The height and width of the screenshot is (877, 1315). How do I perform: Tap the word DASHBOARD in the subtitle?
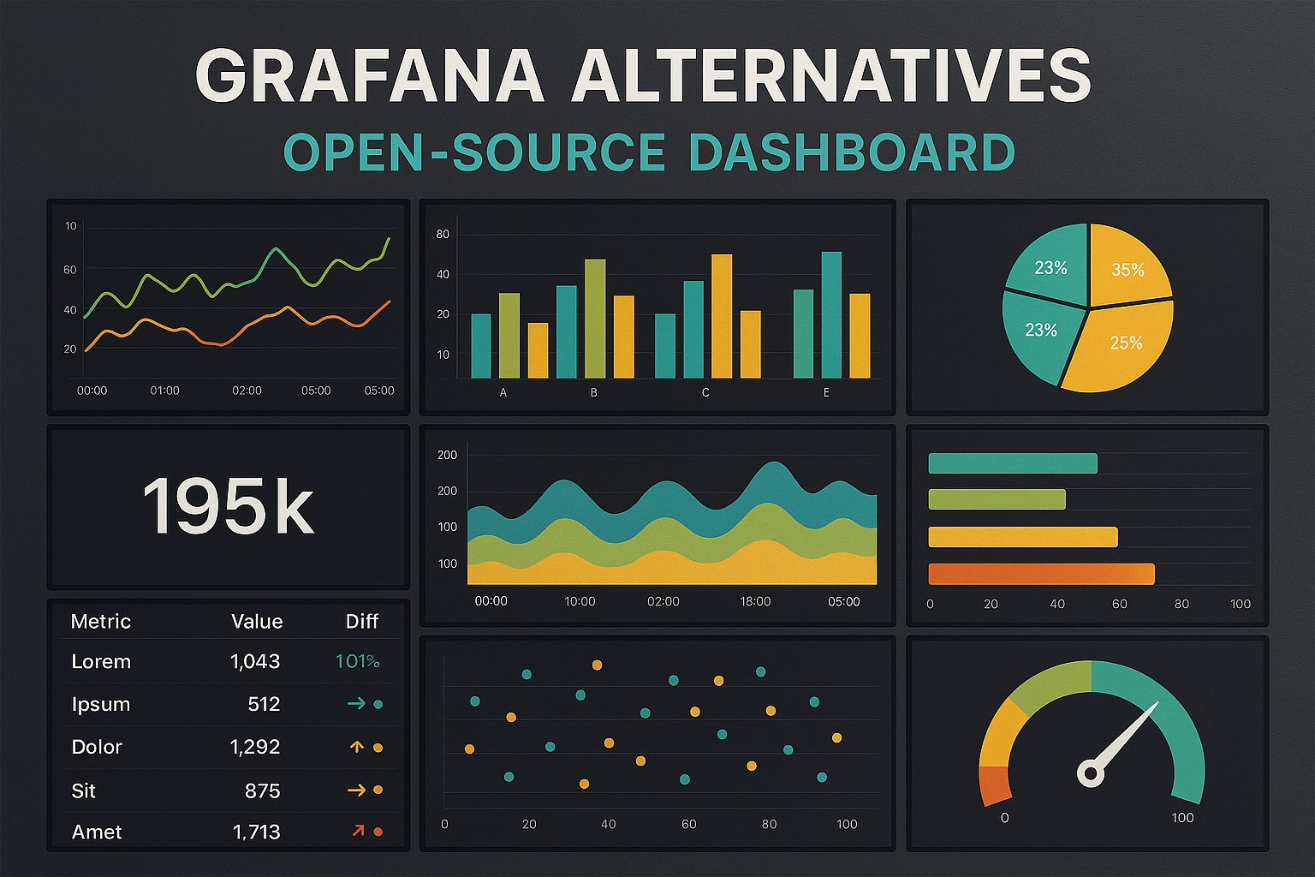[x=851, y=152]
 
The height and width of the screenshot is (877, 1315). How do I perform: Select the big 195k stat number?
[x=228, y=507]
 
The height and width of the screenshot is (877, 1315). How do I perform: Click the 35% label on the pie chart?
[x=1128, y=270]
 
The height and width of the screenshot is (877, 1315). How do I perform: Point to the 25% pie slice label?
[x=1126, y=343]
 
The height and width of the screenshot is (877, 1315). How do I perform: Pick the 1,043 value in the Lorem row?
[x=255, y=661]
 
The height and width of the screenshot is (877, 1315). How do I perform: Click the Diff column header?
[x=361, y=622]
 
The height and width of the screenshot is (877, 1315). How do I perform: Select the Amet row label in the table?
[x=97, y=832]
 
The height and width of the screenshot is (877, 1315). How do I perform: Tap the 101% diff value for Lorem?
[x=357, y=661]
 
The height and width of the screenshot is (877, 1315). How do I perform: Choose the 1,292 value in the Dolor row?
[x=255, y=747]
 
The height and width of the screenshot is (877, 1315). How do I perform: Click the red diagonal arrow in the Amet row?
[x=358, y=831]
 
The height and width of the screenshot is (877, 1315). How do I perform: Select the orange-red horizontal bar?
[x=1041, y=574]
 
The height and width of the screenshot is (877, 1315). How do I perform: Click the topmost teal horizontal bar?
[x=1012, y=463]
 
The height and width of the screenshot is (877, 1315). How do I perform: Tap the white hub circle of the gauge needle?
[x=1090, y=774]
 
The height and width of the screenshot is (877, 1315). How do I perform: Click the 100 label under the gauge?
[x=1182, y=818]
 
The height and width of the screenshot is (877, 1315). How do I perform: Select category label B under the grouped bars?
[x=593, y=393]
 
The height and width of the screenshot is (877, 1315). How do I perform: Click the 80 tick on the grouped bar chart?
[x=443, y=234]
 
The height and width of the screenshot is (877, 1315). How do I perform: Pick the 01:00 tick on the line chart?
[x=164, y=391]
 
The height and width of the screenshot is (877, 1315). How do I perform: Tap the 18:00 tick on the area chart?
[x=755, y=601]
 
